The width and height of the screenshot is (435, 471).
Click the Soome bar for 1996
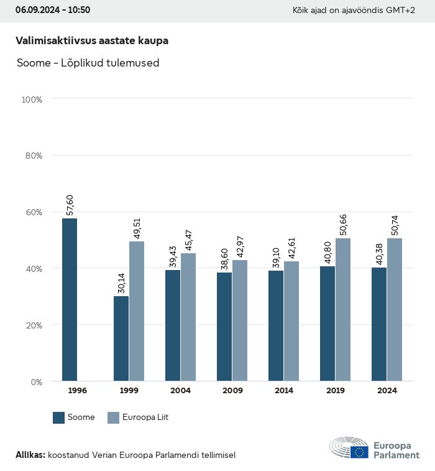[x=70, y=299]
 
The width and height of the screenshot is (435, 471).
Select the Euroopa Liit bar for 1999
[x=137, y=311]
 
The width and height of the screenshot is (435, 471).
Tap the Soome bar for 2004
[x=173, y=325]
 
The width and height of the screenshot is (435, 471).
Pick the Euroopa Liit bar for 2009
[x=240, y=320]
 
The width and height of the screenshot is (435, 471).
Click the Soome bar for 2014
[x=276, y=326]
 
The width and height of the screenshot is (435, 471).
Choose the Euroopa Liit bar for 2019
[x=343, y=309]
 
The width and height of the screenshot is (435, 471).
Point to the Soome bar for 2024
[x=379, y=324]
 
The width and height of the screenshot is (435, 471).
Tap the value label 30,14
[x=122, y=282]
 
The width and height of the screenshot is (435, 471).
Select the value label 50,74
[x=395, y=225]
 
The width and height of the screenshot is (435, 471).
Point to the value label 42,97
[x=240, y=246]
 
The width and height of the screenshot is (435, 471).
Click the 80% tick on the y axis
[x=32, y=156]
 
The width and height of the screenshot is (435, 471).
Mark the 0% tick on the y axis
[x=35, y=381]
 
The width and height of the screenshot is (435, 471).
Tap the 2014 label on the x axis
[x=284, y=391]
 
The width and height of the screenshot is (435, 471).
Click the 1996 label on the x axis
[x=77, y=391]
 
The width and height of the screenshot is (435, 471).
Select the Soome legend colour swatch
[x=59, y=417]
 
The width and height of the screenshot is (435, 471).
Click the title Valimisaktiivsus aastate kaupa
[x=92, y=40]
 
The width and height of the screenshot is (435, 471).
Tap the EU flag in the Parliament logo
[x=359, y=452]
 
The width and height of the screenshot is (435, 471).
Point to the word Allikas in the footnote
[x=30, y=455]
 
